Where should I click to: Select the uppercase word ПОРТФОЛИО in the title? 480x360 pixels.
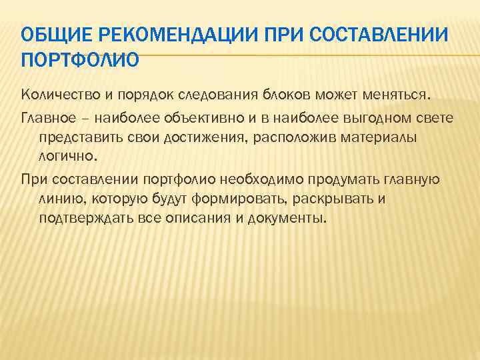[x=81, y=61]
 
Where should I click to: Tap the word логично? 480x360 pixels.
[x=67, y=157]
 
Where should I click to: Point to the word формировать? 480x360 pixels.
[x=229, y=199]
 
